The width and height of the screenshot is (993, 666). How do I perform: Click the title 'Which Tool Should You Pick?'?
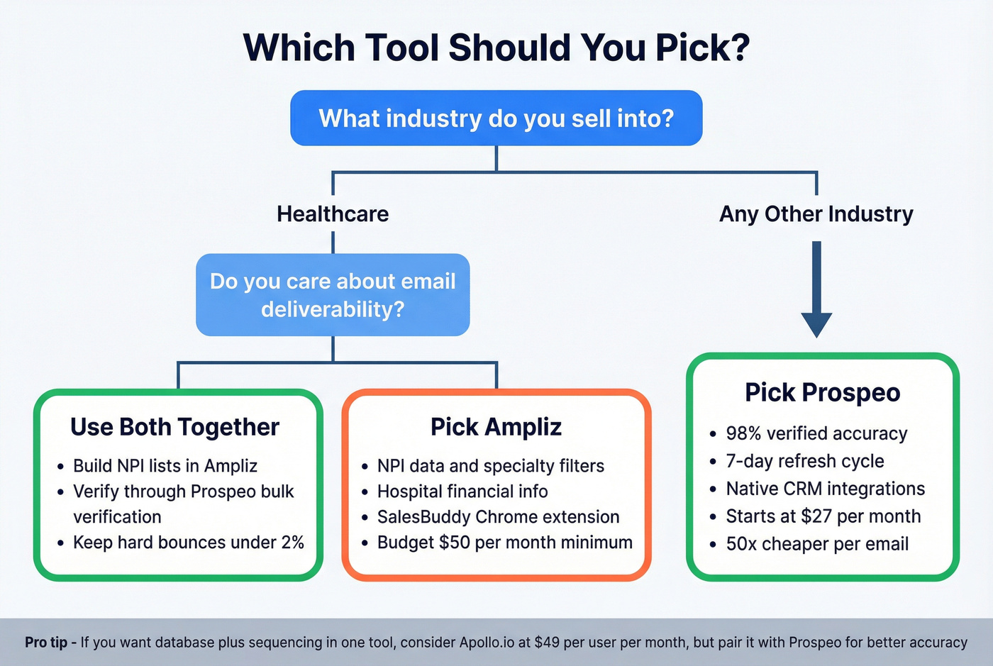[x=496, y=48]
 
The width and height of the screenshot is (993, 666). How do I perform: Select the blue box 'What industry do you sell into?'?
[x=496, y=118]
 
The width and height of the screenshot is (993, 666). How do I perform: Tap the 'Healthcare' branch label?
[x=333, y=213]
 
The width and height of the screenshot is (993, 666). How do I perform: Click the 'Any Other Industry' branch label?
[x=816, y=213]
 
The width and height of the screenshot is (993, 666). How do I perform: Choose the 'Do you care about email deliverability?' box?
[x=333, y=294]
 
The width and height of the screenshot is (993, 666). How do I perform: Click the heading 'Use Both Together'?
[x=174, y=427]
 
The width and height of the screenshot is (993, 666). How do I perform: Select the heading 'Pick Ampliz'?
[x=496, y=427]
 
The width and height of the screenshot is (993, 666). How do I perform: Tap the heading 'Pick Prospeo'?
[x=822, y=392]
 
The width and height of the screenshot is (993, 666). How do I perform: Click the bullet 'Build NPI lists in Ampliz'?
[x=165, y=466]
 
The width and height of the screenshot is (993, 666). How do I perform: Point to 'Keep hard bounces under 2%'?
[x=188, y=543]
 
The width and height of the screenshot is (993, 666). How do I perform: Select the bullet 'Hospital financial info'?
[x=462, y=492]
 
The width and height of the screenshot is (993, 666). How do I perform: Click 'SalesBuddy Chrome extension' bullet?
[x=498, y=517]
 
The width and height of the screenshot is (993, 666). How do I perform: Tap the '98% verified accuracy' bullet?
[x=816, y=433]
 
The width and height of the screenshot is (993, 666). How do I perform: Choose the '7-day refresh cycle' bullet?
[x=804, y=461]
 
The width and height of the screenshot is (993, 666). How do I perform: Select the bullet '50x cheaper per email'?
[x=817, y=544]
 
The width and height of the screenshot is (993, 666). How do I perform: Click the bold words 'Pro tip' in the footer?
[x=46, y=643]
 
